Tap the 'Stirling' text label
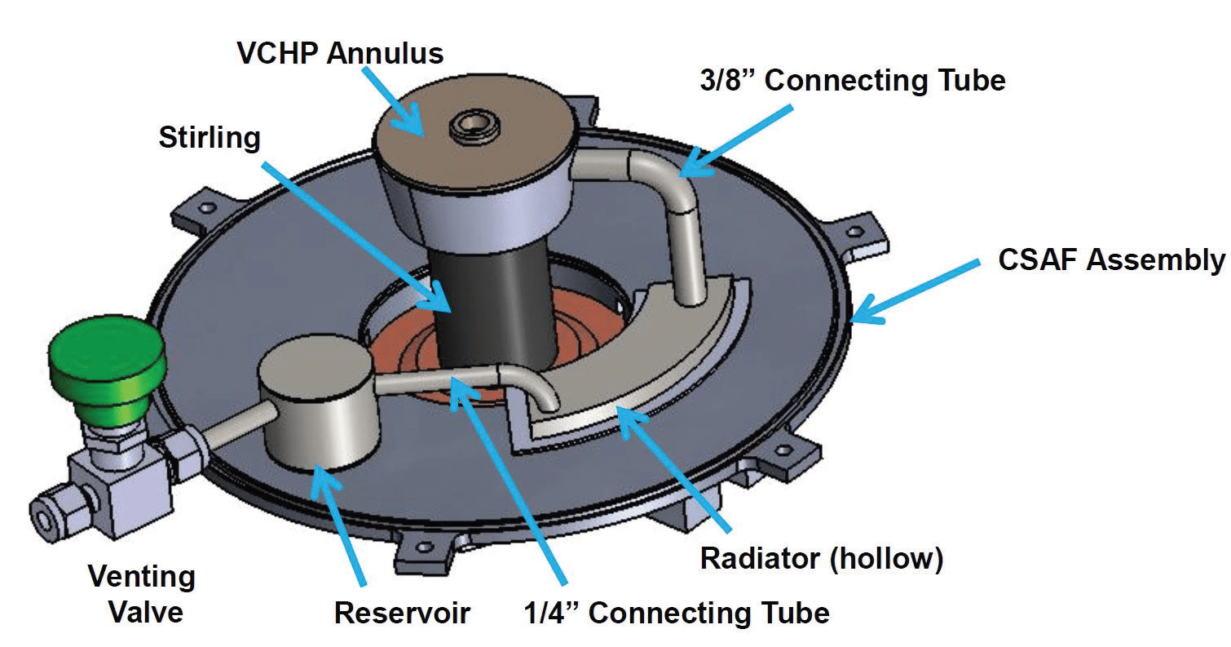click(x=209, y=137)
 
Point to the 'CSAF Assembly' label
click(x=1111, y=260)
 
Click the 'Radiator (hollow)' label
click(x=822, y=560)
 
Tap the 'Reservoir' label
click(x=403, y=612)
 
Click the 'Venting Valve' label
click(x=141, y=593)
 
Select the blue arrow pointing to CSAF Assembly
click(x=913, y=290)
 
